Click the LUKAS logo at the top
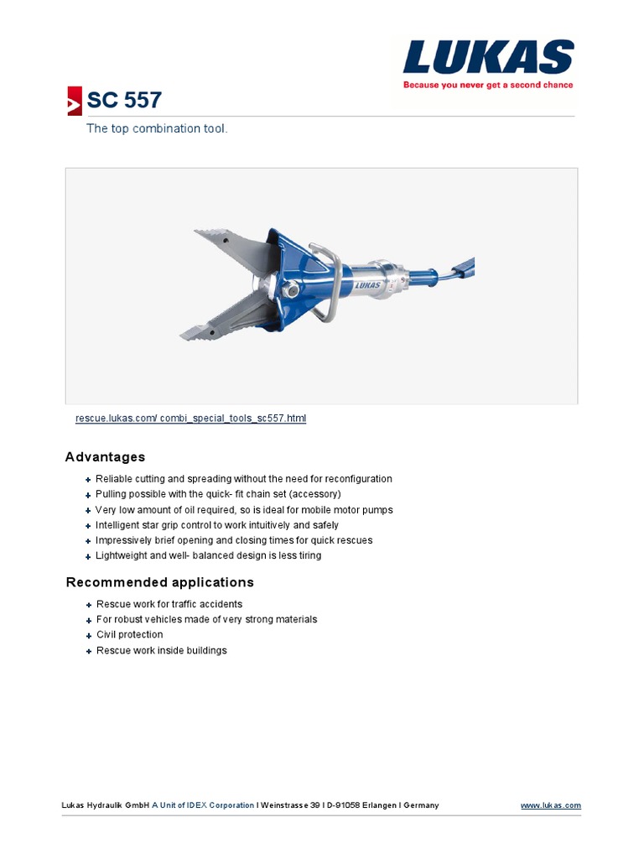[487, 58]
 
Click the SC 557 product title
[124, 101]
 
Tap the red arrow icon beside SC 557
[75, 101]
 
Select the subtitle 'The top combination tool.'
[157, 129]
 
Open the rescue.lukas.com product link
[190, 418]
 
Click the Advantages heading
[105, 457]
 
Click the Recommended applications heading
[159, 582]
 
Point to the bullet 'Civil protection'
[129, 635]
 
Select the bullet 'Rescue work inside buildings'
[161, 650]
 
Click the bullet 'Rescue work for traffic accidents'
[169, 604]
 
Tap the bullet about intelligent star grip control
[216, 525]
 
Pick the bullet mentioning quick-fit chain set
[218, 494]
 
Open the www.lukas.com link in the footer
[550, 805]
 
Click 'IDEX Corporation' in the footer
[221, 805]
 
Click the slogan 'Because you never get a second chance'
[488, 85]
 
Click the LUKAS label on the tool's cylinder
[367, 285]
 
